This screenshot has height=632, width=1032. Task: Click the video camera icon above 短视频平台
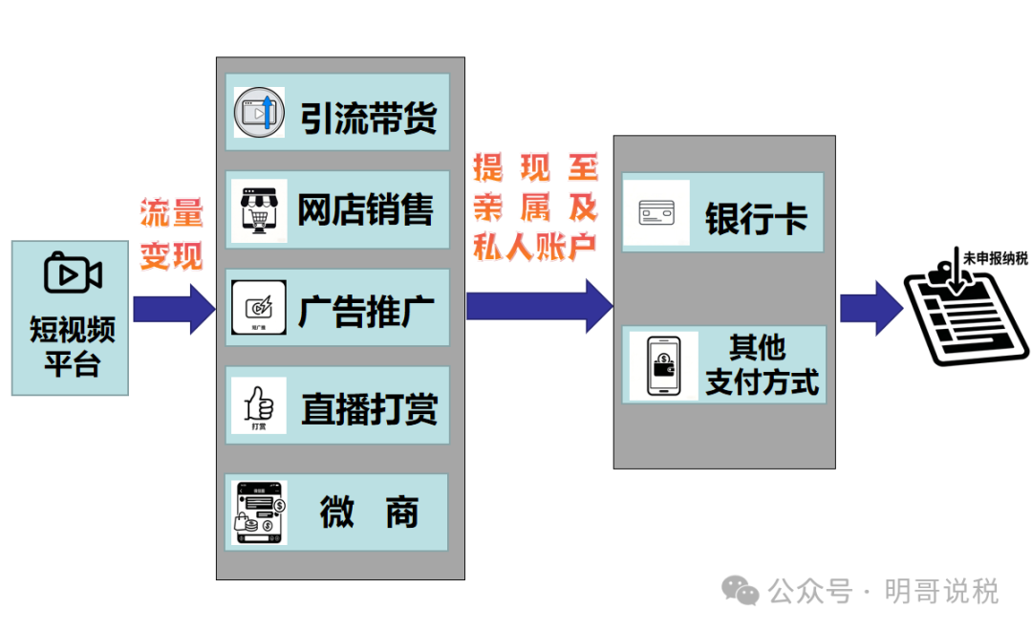[73, 274]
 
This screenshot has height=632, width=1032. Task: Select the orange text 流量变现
[172, 234]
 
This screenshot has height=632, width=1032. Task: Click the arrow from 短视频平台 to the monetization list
[174, 309]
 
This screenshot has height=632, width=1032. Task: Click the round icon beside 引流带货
[259, 113]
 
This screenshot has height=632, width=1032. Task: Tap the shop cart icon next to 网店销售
[259, 210]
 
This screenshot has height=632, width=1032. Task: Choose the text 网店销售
[366, 210]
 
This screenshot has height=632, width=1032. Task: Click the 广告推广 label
[367, 311]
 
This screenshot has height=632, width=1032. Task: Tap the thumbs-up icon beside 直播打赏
[259, 405]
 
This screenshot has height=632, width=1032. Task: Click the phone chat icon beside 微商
[260, 512]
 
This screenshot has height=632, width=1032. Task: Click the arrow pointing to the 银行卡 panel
[539, 305]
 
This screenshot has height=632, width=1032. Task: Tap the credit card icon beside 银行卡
[657, 212]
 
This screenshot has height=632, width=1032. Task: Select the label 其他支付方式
[762, 364]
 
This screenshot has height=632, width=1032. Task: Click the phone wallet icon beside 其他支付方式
[663, 365]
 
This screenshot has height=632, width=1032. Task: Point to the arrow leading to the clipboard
[870, 308]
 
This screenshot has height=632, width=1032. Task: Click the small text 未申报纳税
[996, 258]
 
